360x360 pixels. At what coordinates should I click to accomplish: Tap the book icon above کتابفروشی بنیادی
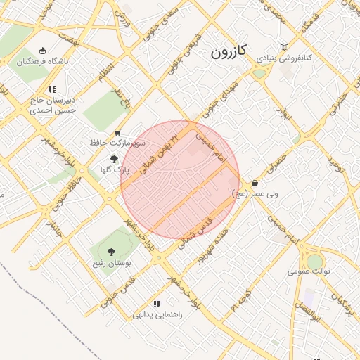point(284,48)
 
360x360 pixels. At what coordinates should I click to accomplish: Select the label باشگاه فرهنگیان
point(44,61)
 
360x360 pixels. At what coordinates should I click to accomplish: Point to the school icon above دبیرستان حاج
point(52,89)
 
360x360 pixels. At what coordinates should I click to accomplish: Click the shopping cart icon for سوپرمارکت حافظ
point(117,132)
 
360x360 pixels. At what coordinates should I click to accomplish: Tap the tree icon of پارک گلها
point(115,160)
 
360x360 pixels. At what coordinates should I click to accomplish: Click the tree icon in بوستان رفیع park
point(110,251)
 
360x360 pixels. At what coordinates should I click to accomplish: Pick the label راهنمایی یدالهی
point(157,314)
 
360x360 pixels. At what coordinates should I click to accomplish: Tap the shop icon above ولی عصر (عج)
point(254,183)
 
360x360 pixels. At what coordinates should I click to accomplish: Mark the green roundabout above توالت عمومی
point(314,261)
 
